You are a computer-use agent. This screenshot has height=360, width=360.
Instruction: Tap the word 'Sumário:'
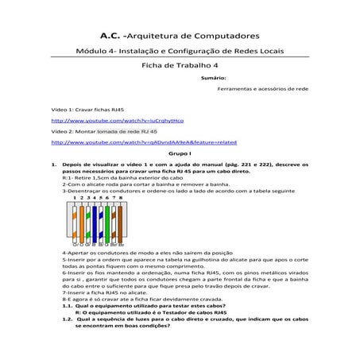click(214, 79)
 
